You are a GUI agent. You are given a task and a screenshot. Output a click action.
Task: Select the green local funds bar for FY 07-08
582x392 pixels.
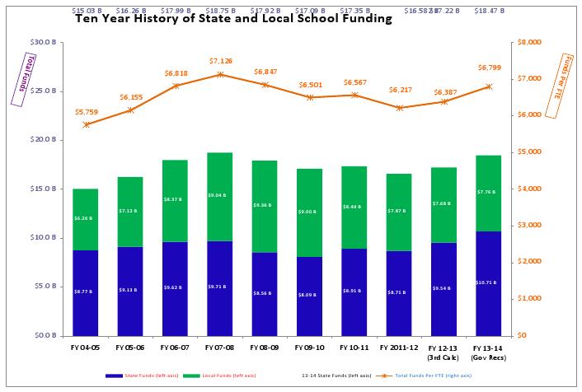coord(220,197)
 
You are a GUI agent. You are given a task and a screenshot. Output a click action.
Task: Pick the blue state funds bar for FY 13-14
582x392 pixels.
coord(488,283)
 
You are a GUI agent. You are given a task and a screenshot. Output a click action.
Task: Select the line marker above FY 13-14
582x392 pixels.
coord(488,86)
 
